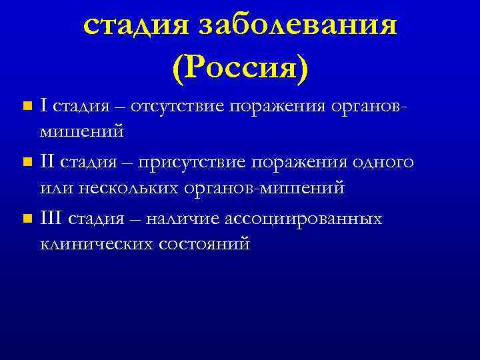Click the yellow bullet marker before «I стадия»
click(x=26, y=106)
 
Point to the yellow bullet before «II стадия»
click(x=26, y=162)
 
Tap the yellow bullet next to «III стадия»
click(x=26, y=219)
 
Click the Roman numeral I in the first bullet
click(x=43, y=105)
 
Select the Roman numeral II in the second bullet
click(x=47, y=162)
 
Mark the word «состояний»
click(x=204, y=244)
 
